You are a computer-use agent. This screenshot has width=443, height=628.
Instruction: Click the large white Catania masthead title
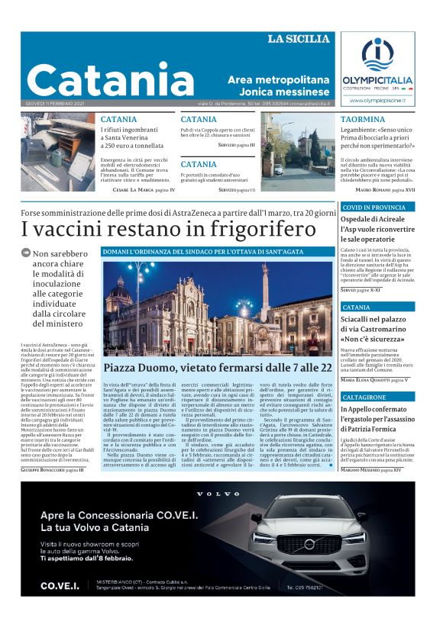pyautogui.click(x=100, y=79)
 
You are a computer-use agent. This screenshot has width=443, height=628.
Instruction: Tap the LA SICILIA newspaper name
pyautogui.click(x=299, y=39)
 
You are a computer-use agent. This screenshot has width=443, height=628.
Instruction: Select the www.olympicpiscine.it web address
pyautogui.click(x=377, y=100)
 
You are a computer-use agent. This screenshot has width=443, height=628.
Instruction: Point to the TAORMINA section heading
pyautogui.click(x=363, y=120)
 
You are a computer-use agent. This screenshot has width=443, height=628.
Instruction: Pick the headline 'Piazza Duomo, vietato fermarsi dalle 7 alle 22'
pyautogui.click(x=218, y=368)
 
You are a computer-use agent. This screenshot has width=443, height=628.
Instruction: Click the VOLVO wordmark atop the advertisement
pyautogui.click(x=218, y=494)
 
